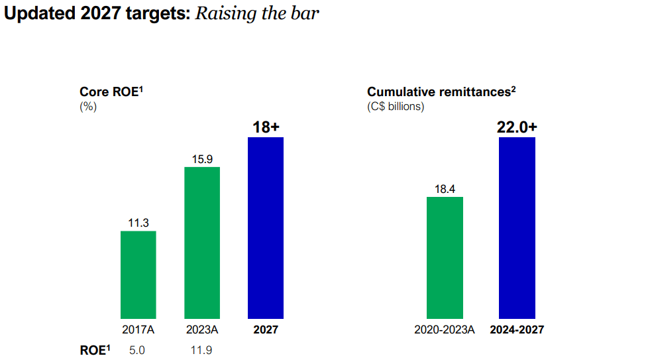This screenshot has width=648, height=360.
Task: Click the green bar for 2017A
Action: [x=138, y=274]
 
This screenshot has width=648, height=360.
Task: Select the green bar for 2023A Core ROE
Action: [x=201, y=243]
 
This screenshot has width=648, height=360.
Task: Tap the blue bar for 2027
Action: [x=265, y=227]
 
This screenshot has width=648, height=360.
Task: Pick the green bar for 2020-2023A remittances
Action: [x=445, y=257]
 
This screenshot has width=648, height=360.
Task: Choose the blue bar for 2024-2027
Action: [x=517, y=227]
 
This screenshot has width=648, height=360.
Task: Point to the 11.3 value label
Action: [x=138, y=223]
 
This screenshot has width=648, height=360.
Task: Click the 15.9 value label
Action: [x=201, y=159]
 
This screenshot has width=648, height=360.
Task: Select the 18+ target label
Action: [x=266, y=127]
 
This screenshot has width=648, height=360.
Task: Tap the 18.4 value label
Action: [x=445, y=189]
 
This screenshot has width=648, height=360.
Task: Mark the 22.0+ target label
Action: [x=517, y=127]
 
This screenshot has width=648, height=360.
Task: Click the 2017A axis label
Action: [x=138, y=330]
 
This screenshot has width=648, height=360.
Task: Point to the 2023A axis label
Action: [x=201, y=330]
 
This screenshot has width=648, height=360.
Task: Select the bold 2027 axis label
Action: [x=266, y=330]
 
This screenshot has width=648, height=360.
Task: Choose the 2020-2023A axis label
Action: [x=445, y=330]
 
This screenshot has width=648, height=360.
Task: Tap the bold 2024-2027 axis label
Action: [x=517, y=330]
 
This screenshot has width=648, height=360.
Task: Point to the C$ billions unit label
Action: [x=396, y=106]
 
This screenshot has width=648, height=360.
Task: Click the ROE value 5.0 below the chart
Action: [x=137, y=349]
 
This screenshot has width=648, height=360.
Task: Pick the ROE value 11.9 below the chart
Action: [x=201, y=349]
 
